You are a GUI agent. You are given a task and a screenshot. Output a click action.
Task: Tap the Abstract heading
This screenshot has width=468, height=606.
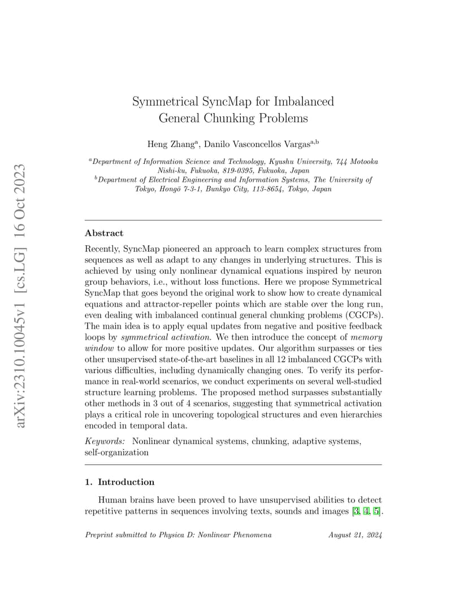coord(104,233)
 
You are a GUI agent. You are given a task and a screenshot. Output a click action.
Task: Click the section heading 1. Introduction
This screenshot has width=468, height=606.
coord(119,482)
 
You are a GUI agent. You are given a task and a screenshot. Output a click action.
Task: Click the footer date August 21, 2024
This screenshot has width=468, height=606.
coord(355,535)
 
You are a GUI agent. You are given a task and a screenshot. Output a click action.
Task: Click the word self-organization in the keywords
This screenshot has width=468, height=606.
coord(116,452)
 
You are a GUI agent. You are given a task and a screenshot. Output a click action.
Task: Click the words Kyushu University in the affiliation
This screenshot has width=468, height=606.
coord(302,162)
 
